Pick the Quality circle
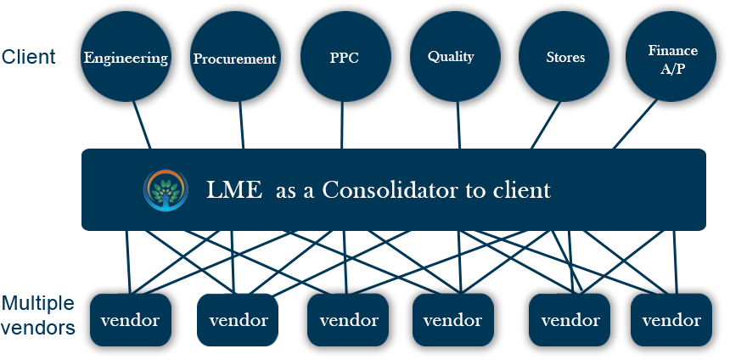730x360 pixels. (451, 58)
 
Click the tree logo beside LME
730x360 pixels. (166, 190)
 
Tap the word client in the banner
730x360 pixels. (521, 190)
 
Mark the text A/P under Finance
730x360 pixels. (672, 69)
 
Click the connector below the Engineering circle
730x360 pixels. (138, 130)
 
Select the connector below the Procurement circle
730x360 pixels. (241, 130)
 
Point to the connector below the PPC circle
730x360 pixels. (342, 130)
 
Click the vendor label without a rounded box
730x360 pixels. (239, 321)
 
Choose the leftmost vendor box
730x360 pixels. (130, 320)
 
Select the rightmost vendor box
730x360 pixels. (671, 320)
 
